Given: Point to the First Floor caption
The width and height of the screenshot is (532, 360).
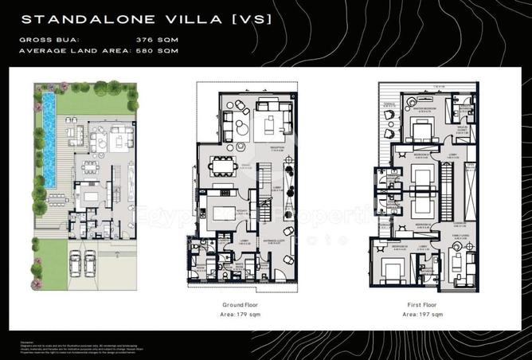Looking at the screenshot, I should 422,305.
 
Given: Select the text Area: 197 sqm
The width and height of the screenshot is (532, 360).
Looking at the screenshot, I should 422,315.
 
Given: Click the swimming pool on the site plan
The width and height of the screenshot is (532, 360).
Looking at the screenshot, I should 49,139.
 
